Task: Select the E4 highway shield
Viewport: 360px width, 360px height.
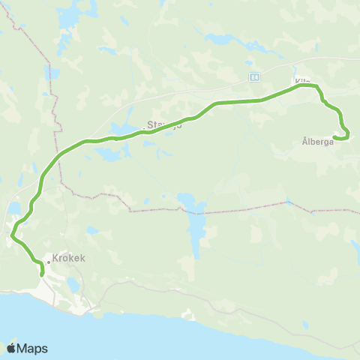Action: click(x=255, y=76)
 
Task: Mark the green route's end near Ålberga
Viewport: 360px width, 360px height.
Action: click(x=334, y=136)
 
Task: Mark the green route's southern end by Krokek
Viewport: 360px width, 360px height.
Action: click(x=42, y=274)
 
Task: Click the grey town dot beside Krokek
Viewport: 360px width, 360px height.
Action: click(x=47, y=262)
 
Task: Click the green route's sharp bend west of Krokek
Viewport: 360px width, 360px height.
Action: click(x=13, y=238)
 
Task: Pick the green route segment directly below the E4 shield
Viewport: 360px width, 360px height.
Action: click(x=255, y=100)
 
